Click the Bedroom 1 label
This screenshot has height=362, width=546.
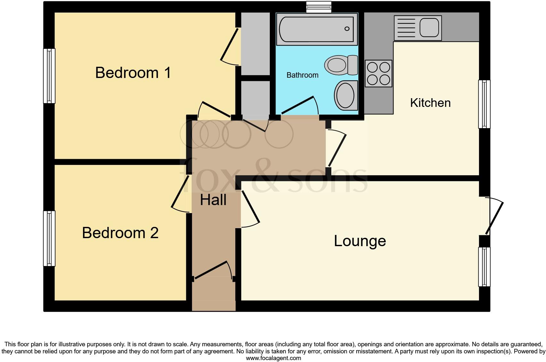133,73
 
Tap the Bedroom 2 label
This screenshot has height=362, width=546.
120,233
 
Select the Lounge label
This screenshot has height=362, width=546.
360,241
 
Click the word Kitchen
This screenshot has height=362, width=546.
430,103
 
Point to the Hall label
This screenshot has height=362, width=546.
213,200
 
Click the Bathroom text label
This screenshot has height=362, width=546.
302,75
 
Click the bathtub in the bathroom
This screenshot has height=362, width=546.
317,29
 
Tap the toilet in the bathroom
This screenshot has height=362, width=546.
341,65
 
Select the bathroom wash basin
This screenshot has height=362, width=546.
345,95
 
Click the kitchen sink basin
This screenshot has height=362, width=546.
429,28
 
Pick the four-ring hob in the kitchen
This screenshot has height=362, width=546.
378,73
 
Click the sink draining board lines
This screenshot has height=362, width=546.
406,28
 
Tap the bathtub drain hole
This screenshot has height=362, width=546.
347,29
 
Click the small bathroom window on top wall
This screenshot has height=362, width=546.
318,7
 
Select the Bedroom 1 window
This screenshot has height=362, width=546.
49,76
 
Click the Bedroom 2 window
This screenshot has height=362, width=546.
49,238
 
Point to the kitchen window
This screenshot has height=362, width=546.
484,104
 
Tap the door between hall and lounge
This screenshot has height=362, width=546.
250,209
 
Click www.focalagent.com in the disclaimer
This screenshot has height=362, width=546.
273,358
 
